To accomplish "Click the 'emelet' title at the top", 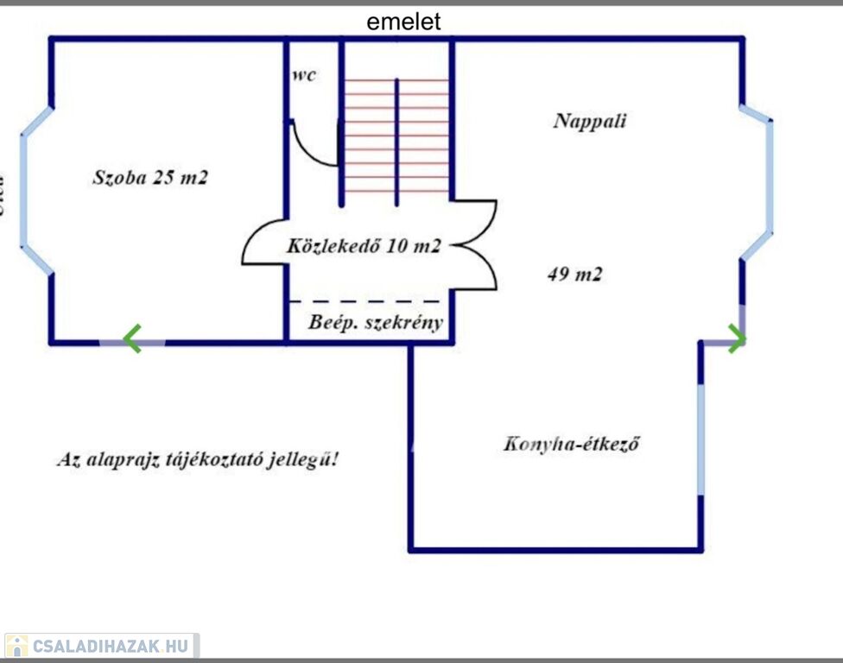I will [x=403, y=22].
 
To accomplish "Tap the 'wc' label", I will [x=304, y=75].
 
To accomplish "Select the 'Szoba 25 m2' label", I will [x=150, y=179].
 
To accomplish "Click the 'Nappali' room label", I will [x=589, y=121].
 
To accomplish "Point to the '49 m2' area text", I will [x=574, y=275].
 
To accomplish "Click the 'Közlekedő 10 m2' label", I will [x=364, y=247].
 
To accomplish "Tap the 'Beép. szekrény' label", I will [x=376, y=324].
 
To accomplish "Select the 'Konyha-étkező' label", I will [x=571, y=445].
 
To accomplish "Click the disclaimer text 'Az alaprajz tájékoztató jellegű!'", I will [x=197, y=459].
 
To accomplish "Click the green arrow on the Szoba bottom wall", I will [x=131, y=339].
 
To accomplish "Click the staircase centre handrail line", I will [x=396, y=142].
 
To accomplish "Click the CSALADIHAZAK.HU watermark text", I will [x=110, y=646].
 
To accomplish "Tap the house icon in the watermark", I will [x=16, y=646].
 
